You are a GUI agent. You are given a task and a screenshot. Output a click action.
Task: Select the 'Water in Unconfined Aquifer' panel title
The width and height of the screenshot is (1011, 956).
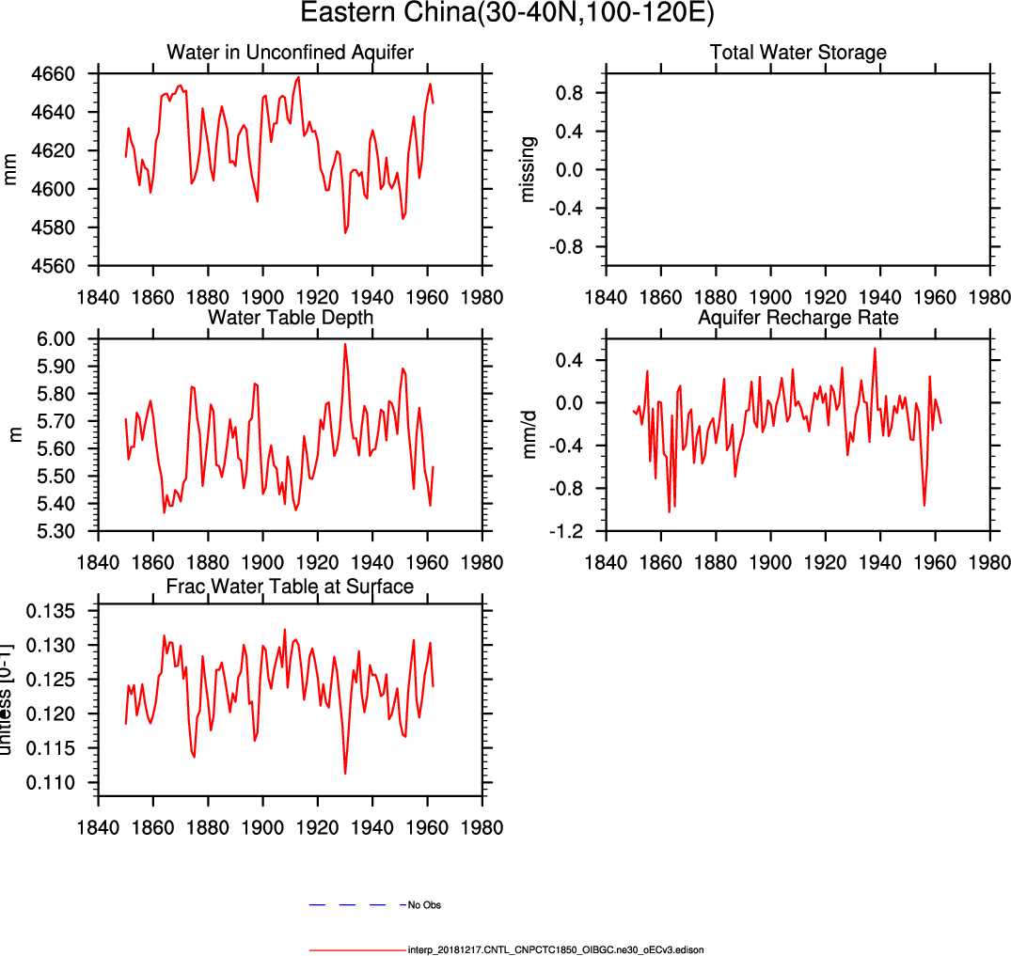coord(290,52)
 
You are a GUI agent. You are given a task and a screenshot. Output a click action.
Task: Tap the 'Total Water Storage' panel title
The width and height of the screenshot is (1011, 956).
coord(798,52)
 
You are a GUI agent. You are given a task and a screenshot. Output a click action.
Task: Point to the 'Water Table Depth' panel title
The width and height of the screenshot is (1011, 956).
coord(290,318)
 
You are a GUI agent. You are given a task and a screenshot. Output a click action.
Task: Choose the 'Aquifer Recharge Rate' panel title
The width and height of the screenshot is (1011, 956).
coord(798,318)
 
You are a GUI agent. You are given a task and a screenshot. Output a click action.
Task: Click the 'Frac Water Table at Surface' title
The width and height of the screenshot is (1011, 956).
coord(290,588)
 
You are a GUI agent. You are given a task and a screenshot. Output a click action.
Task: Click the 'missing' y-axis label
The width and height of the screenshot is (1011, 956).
coord(529,169)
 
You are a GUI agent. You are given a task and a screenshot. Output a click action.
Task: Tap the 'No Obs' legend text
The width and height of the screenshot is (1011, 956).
coord(424,905)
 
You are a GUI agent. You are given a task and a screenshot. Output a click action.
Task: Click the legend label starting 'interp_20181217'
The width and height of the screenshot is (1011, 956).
coord(556,949)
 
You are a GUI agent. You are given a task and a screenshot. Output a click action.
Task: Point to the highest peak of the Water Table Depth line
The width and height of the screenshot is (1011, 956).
coord(345,344)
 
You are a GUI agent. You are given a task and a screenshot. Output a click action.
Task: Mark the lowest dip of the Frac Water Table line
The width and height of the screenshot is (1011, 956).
coord(345,774)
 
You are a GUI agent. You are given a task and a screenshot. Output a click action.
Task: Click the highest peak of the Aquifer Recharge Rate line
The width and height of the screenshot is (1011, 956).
coord(876,348)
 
